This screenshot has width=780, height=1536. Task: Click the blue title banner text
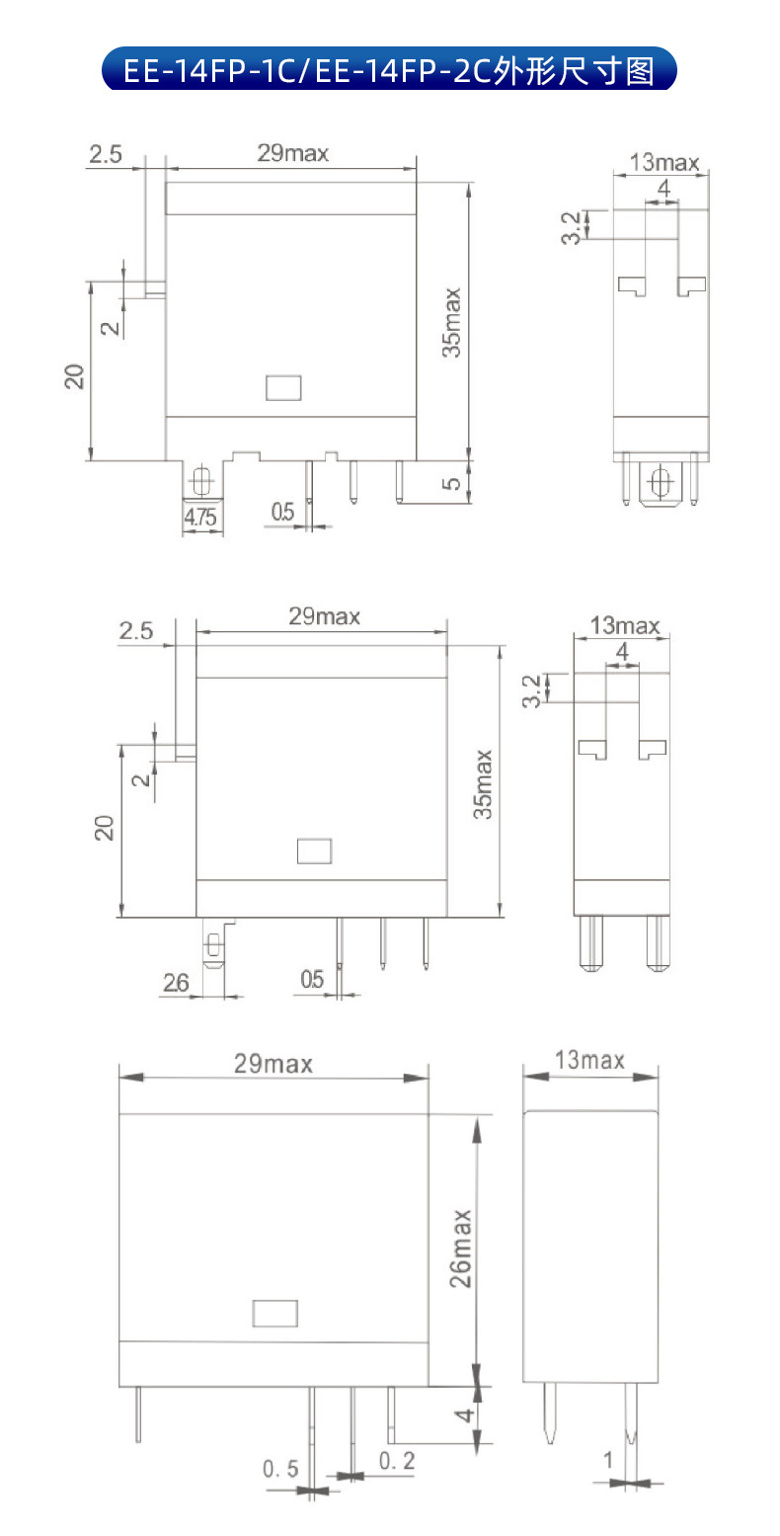tap(389, 71)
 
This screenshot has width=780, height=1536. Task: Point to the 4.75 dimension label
tap(200, 517)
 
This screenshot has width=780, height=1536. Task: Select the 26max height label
tap(461, 1249)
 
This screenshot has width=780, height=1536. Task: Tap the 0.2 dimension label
tap(397, 1461)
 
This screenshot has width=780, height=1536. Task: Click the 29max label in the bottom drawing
tap(273, 1064)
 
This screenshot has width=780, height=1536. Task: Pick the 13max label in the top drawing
tap(664, 163)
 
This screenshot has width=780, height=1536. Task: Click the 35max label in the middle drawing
tap(483, 784)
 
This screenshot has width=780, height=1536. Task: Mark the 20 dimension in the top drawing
tap(74, 376)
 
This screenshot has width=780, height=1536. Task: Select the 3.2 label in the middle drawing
tap(532, 691)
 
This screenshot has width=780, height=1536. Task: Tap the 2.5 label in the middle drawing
tap(135, 630)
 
